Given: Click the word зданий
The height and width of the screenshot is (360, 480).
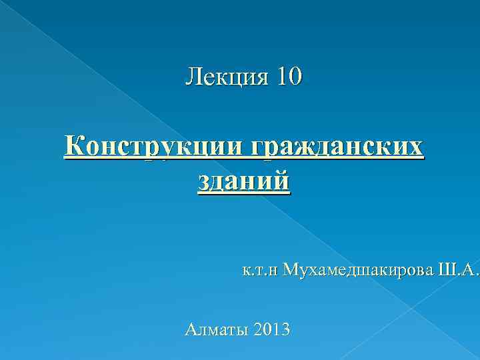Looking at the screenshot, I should pyautogui.click(x=244, y=181).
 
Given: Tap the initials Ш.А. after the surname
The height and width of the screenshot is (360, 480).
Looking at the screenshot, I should pyautogui.click(x=459, y=270).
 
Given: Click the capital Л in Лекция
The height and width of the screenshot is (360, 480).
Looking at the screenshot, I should pyautogui.click(x=193, y=77).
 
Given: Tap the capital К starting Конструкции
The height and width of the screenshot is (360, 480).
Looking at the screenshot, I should pyautogui.click(x=74, y=147).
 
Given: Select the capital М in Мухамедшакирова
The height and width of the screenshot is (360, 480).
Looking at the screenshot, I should pyautogui.click(x=291, y=270).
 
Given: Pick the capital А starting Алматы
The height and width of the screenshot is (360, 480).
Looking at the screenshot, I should pyautogui.click(x=190, y=329).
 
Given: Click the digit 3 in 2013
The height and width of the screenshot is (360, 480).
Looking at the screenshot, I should pyautogui.click(x=285, y=329).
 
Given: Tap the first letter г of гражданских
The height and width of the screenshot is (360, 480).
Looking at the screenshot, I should pyautogui.click(x=257, y=148).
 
